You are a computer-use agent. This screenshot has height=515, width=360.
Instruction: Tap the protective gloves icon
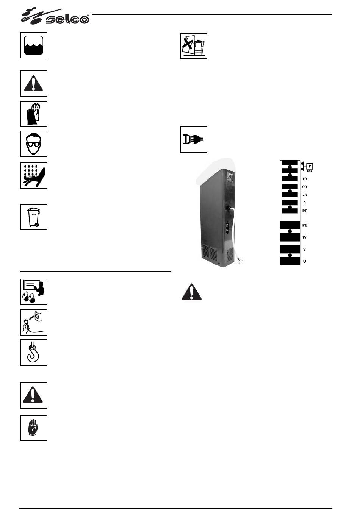[34, 114]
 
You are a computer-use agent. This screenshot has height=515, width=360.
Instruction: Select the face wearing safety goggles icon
[34, 144]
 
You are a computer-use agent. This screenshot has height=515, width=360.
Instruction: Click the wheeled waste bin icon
[34, 217]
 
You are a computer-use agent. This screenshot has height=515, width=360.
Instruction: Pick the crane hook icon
[34, 352]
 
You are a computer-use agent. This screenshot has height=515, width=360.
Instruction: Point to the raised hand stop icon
[34, 428]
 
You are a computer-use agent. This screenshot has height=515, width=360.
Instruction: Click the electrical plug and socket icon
[194, 139]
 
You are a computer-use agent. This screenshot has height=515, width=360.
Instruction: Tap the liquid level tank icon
[34, 45]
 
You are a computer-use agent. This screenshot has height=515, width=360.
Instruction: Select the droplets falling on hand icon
[34, 175]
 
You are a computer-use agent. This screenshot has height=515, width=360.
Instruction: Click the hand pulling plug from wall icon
[34, 322]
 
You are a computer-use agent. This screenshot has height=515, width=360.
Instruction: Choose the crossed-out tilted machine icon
[194, 46]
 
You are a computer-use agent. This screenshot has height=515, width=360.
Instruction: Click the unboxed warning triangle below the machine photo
[192, 292]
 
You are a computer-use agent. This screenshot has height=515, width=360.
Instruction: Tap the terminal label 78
[304, 195]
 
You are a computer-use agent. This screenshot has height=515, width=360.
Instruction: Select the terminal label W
[304, 237]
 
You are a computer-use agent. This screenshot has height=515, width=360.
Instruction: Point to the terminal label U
[305, 261]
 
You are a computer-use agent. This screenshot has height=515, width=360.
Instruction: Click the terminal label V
[305, 249]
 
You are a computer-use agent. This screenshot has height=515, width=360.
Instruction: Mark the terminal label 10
[304, 179]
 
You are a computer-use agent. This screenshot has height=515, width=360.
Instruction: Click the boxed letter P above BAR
[310, 166]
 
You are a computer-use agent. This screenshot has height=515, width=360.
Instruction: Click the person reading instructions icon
[34, 292]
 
